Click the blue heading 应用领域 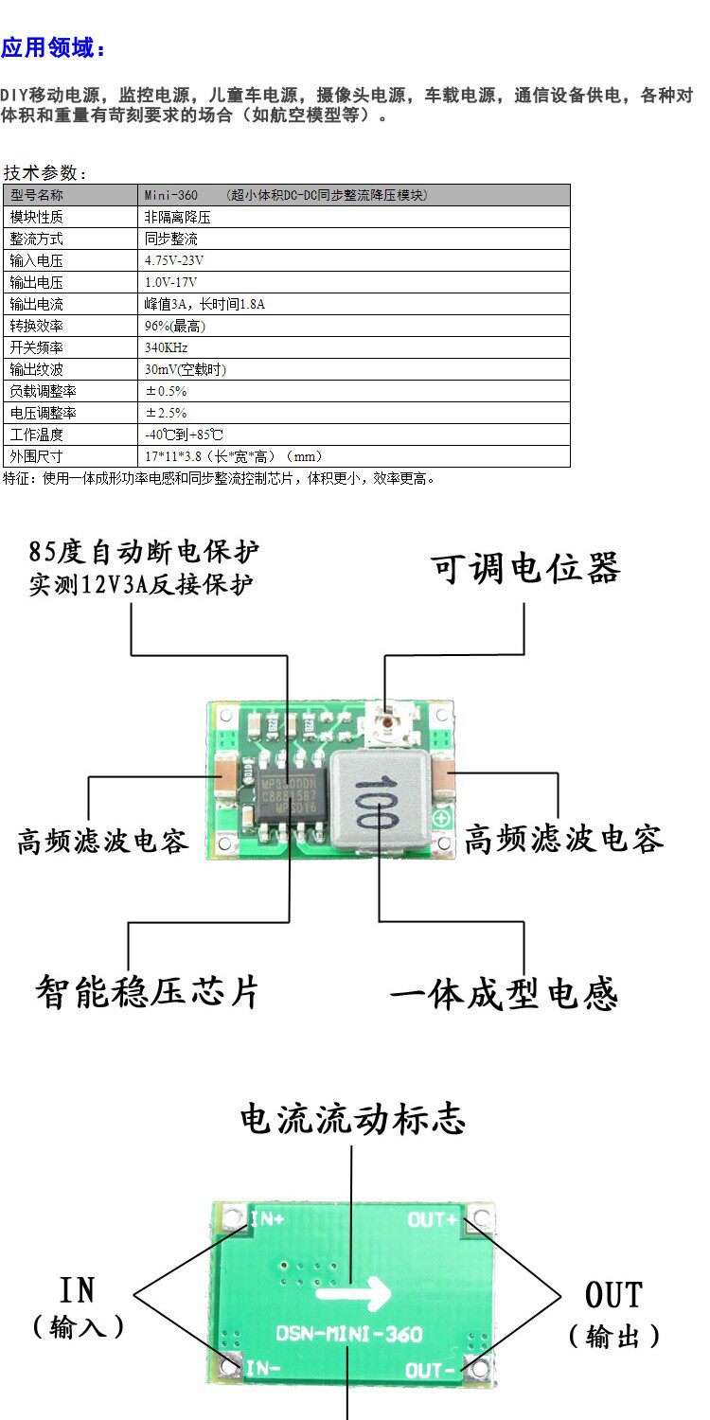coord(54,47)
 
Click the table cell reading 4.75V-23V coord(174,260)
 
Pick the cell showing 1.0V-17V coord(171,282)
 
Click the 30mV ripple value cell coord(186,369)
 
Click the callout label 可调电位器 coord(525,569)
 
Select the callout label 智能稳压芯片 coord(147,991)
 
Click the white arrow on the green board coord(353,1291)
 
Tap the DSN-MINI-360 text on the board coord(348,1334)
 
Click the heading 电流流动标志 coord(352,1119)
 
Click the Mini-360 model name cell coord(171,195)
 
